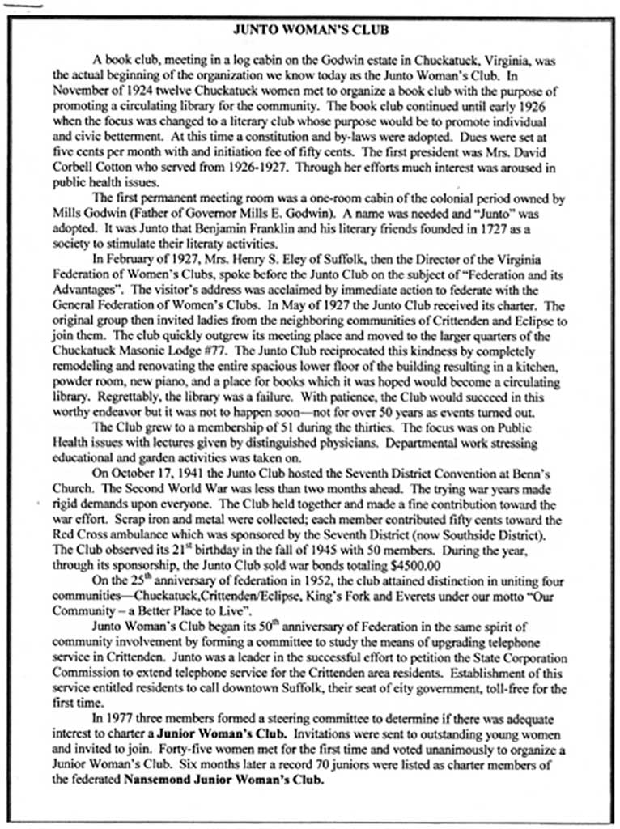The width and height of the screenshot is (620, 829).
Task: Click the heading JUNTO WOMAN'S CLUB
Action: [310, 30]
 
